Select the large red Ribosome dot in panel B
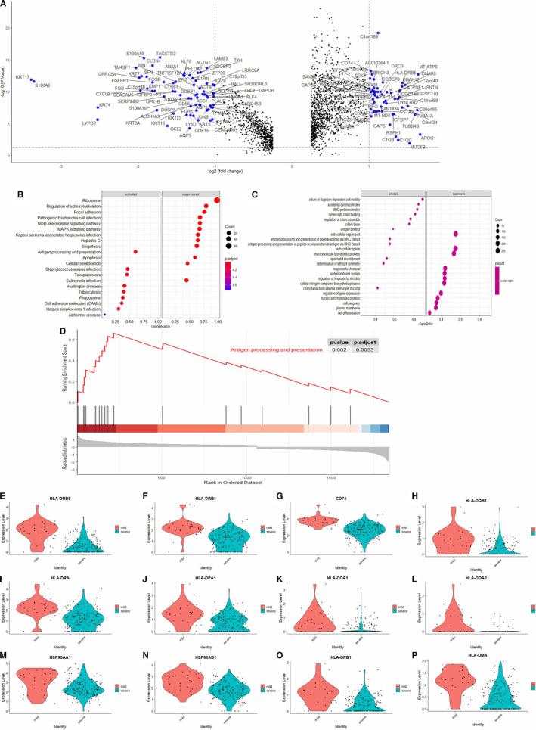click(x=218, y=200)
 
